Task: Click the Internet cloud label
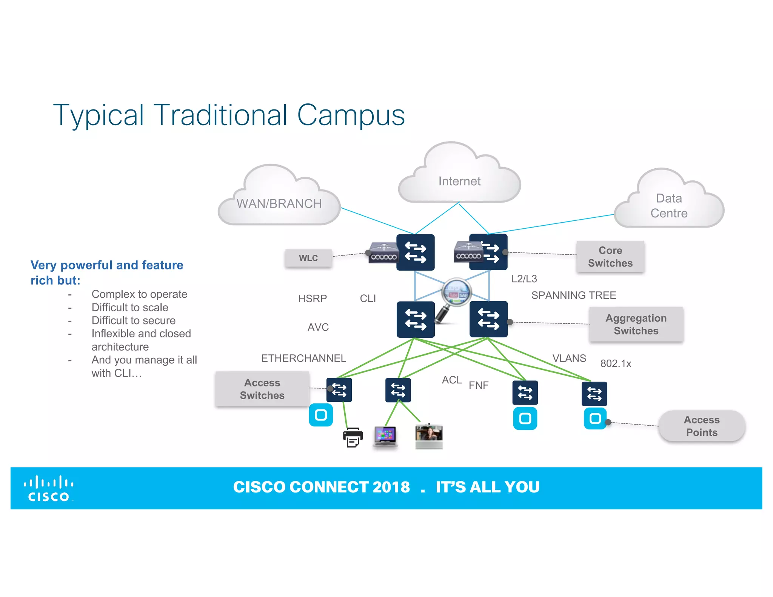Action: coord(459,181)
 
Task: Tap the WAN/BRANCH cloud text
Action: coord(279,204)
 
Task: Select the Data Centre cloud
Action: coord(669,206)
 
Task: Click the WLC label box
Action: coord(308,258)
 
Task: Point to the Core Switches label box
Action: coord(610,257)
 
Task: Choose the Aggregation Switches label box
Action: coord(636,325)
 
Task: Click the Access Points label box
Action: coord(701,426)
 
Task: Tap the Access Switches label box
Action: coord(262,389)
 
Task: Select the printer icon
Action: coord(353,437)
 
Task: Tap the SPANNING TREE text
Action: coord(573,295)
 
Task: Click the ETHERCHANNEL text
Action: coord(303,358)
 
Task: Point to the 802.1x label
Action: coord(616,363)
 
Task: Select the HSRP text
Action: coord(312,298)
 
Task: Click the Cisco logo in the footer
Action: coord(49,488)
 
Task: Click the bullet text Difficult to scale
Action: coord(130,307)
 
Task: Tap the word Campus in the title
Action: coord(351,115)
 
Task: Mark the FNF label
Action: coord(478,385)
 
